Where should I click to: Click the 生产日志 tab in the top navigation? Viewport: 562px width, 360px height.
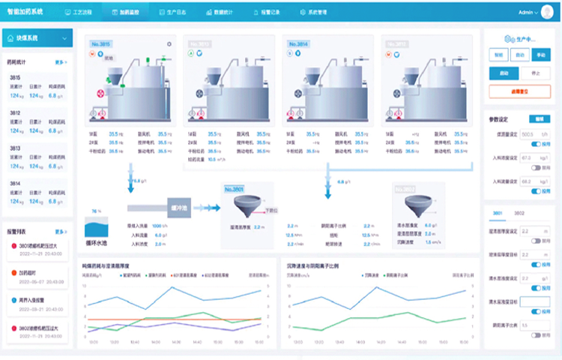pyautogui.click(x=177, y=13)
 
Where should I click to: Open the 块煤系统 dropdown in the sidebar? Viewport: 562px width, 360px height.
pyautogui.click(x=37, y=38)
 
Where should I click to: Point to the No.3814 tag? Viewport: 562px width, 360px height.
pyautogui.click(x=297, y=44)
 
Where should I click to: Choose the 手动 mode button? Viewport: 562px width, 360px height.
pyautogui.click(x=540, y=55)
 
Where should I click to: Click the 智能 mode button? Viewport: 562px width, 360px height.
pyautogui.click(x=498, y=55)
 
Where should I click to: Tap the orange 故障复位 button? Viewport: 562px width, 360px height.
pyautogui.click(x=519, y=91)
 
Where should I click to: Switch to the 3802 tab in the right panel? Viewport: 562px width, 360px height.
pyautogui.click(x=519, y=214)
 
